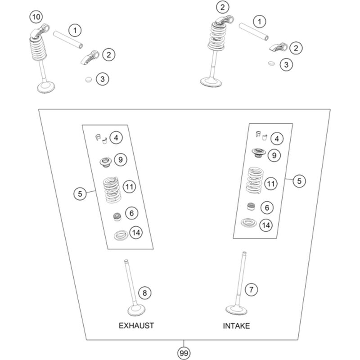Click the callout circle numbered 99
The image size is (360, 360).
[183, 353]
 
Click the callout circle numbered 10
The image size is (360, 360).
[36, 18]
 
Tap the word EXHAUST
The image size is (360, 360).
[136, 325]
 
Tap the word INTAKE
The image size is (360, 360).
[236, 325]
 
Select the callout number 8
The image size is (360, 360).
[144, 293]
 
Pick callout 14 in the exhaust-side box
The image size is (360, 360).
[135, 232]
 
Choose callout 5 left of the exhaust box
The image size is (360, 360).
[79, 194]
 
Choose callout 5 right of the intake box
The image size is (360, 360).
[299, 181]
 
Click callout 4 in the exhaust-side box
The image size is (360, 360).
[116, 138]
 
